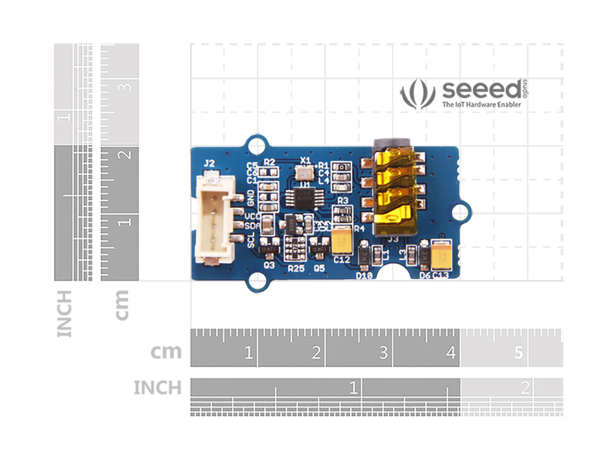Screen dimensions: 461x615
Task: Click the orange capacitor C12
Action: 342,240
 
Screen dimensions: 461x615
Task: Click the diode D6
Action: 424,255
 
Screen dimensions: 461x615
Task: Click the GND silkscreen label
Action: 251,198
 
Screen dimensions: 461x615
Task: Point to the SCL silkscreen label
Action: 251,240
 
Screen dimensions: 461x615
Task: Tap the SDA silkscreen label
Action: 252,226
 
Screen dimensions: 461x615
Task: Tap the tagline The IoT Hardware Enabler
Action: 481,104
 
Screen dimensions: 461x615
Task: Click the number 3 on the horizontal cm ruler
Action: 383,353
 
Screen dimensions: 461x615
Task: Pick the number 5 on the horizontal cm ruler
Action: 519,353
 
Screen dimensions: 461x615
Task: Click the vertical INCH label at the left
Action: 64,313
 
